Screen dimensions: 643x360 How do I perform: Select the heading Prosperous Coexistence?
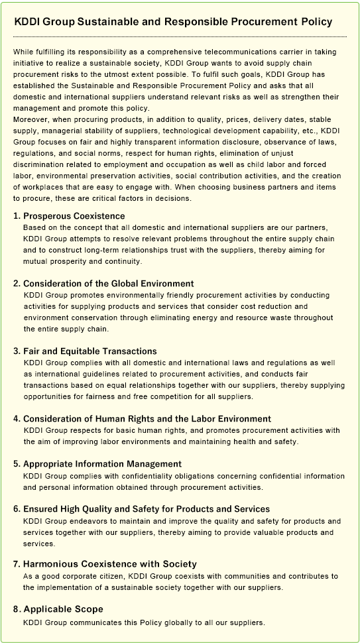coord(74,216)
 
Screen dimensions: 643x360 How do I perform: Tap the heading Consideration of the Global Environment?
coord(108,283)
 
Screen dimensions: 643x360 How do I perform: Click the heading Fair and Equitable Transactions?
coord(90,351)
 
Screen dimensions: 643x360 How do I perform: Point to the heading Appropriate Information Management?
coord(102,463)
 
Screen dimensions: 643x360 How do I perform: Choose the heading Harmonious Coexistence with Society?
coord(105,564)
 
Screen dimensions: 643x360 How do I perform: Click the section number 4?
coord(17,418)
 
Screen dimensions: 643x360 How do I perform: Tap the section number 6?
coord(17,508)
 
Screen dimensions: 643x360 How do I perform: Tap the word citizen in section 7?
coord(108,577)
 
